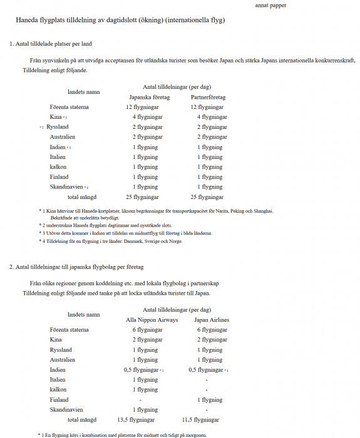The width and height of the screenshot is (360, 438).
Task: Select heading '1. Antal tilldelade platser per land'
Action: [x=51, y=44]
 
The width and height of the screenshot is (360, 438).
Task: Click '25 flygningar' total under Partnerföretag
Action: [x=210, y=197]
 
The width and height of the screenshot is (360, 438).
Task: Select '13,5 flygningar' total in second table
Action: [x=136, y=420]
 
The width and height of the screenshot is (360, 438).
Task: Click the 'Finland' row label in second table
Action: [x=59, y=400]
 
